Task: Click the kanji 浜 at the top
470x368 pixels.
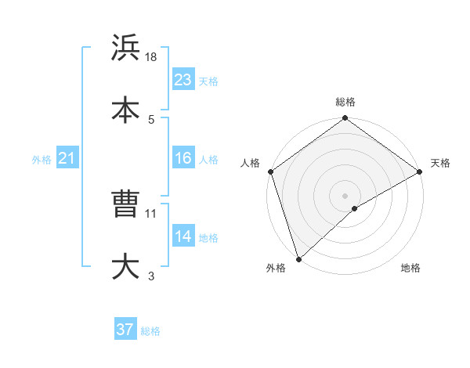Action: pyautogui.click(x=126, y=49)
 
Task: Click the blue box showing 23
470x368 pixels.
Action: pyautogui.click(x=183, y=80)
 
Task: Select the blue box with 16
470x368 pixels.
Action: pyautogui.click(x=183, y=158)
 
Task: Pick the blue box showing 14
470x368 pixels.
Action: pyautogui.click(x=183, y=236)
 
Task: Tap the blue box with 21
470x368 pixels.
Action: pyautogui.click(x=67, y=158)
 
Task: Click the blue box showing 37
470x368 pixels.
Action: pyautogui.click(x=125, y=330)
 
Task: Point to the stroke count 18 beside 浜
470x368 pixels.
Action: pyautogui.click(x=152, y=57)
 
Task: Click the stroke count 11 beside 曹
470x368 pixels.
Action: pyautogui.click(x=152, y=213)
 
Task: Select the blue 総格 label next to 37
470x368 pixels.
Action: pyautogui.click(x=150, y=331)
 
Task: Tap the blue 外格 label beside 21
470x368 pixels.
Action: pyautogui.click(x=42, y=160)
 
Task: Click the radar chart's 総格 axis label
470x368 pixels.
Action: pyautogui.click(x=345, y=102)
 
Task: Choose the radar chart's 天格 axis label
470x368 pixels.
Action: pyautogui.click(x=440, y=163)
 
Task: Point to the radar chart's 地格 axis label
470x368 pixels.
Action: pyautogui.click(x=410, y=268)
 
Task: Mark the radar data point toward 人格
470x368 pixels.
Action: pyautogui.click(x=270, y=171)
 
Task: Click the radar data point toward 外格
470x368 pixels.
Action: pyautogui.click(x=298, y=259)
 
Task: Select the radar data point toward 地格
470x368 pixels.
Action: pyautogui.click(x=355, y=208)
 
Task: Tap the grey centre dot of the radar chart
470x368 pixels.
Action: pyautogui.click(x=345, y=195)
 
